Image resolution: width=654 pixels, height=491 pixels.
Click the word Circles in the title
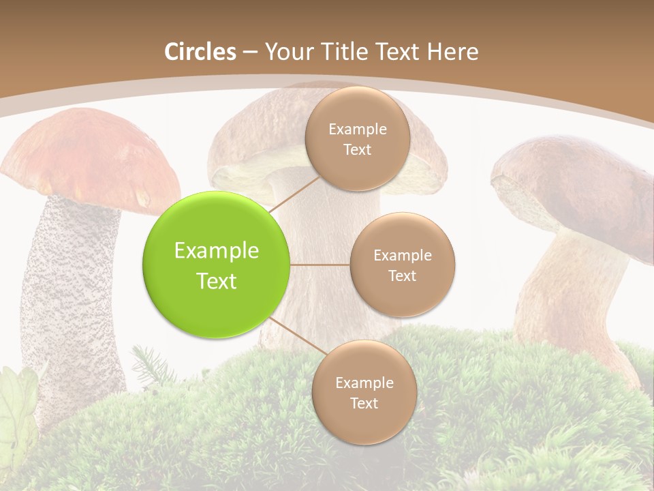click(200, 52)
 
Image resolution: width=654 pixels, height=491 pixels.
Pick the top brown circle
click(357, 138)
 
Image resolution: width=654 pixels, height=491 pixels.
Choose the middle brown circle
click(402, 265)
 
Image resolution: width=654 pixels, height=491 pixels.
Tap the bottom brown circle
click(364, 393)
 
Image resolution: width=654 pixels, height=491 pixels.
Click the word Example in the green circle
click(217, 251)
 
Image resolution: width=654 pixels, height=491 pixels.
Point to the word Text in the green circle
click(217, 281)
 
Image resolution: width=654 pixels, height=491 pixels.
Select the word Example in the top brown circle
click(357, 129)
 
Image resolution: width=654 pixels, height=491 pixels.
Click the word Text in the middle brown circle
click(402, 276)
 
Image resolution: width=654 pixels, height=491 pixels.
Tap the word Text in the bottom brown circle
click(364, 403)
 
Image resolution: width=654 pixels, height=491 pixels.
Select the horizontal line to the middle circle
click(320, 265)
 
